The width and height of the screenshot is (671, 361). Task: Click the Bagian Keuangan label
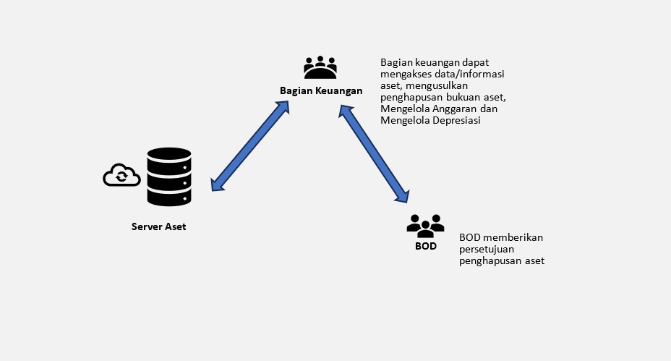click(x=321, y=90)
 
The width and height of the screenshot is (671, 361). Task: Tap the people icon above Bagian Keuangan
click(x=320, y=68)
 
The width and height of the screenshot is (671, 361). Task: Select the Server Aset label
click(x=158, y=226)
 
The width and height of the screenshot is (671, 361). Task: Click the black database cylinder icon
click(x=169, y=177)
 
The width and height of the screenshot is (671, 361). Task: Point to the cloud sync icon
click(x=121, y=176)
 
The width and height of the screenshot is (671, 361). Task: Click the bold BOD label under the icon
click(x=425, y=246)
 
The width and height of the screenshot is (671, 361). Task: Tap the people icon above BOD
click(x=425, y=226)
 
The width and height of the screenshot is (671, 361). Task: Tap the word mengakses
click(x=407, y=74)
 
